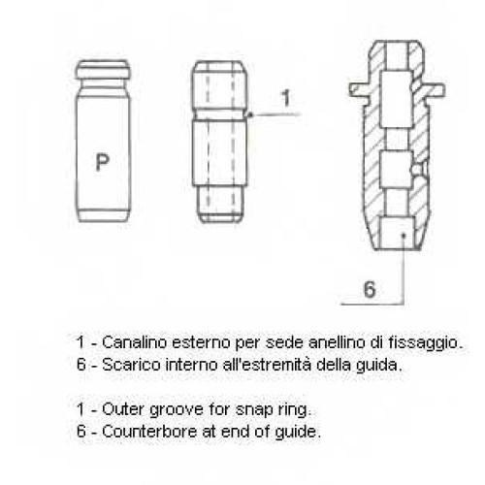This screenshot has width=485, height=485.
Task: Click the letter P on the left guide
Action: pos(102,162)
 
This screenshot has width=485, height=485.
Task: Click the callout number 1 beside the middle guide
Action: pos(286,98)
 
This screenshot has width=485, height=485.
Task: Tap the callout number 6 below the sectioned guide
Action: pos(370,289)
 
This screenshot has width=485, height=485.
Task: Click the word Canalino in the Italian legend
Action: pos(134,342)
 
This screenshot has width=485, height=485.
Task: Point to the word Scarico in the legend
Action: pos(131,365)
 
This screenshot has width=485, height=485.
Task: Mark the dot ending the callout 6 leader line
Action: pos(404,236)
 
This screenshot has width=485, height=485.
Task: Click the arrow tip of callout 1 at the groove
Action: pos(248,114)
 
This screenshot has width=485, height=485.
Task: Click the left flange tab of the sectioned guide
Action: pos(360,89)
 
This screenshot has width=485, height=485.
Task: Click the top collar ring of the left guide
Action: pos(103,70)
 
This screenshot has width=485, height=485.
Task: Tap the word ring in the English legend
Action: pos(294,410)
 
